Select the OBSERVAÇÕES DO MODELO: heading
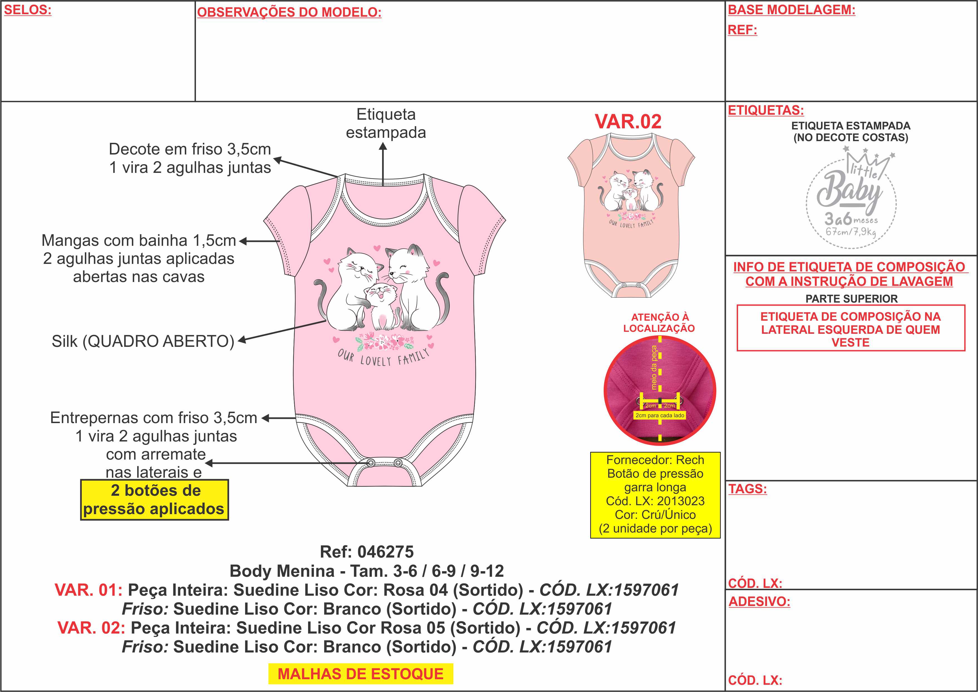[289, 12]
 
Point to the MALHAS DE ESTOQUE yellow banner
[360, 674]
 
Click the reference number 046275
[385, 552]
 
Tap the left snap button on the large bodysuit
[371, 463]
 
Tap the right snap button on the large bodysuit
[398, 463]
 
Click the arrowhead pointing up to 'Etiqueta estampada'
[383, 147]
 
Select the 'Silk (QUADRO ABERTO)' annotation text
[143, 341]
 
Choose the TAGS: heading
[748, 489]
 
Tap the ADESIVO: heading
[759, 601]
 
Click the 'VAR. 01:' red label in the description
[89, 590]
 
